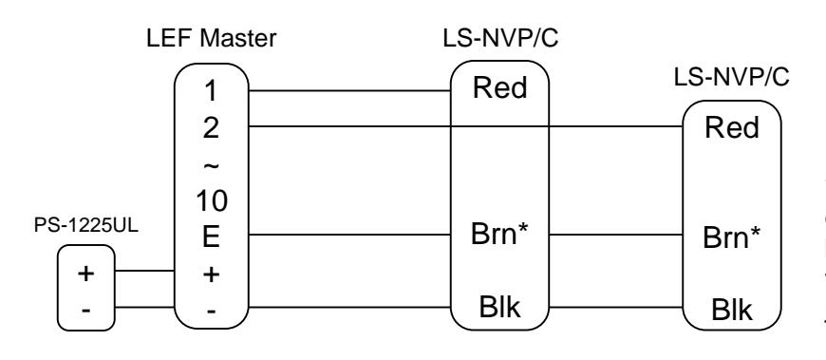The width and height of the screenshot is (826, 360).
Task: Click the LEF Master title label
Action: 211,39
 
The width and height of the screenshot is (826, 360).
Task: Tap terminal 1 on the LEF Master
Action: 210,91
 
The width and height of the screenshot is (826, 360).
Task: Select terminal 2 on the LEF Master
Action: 211,128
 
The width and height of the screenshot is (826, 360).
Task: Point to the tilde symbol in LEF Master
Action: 211,166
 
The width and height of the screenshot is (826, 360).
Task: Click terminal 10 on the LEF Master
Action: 211,200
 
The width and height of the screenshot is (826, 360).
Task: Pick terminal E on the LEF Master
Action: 211,237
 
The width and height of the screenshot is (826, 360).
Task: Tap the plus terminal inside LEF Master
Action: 211,275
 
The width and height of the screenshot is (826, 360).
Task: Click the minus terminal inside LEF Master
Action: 211,312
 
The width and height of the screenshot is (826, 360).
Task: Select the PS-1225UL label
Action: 86,225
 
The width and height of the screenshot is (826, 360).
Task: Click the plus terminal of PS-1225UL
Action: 85,274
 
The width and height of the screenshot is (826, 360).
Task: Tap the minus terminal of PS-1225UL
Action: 85,310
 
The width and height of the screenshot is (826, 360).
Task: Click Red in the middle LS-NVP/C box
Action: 500,88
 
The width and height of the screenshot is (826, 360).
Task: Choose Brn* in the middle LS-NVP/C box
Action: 499,235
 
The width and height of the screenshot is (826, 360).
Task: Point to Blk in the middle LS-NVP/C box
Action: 499,307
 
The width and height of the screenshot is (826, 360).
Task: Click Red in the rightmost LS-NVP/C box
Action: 732,128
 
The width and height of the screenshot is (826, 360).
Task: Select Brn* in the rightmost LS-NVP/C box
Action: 732,237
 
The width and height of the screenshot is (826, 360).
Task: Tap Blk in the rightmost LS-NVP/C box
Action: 732,310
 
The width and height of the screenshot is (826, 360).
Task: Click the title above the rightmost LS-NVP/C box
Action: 732,78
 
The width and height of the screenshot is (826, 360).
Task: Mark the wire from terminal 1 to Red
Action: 349,90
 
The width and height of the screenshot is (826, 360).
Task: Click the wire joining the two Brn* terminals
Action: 616,235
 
